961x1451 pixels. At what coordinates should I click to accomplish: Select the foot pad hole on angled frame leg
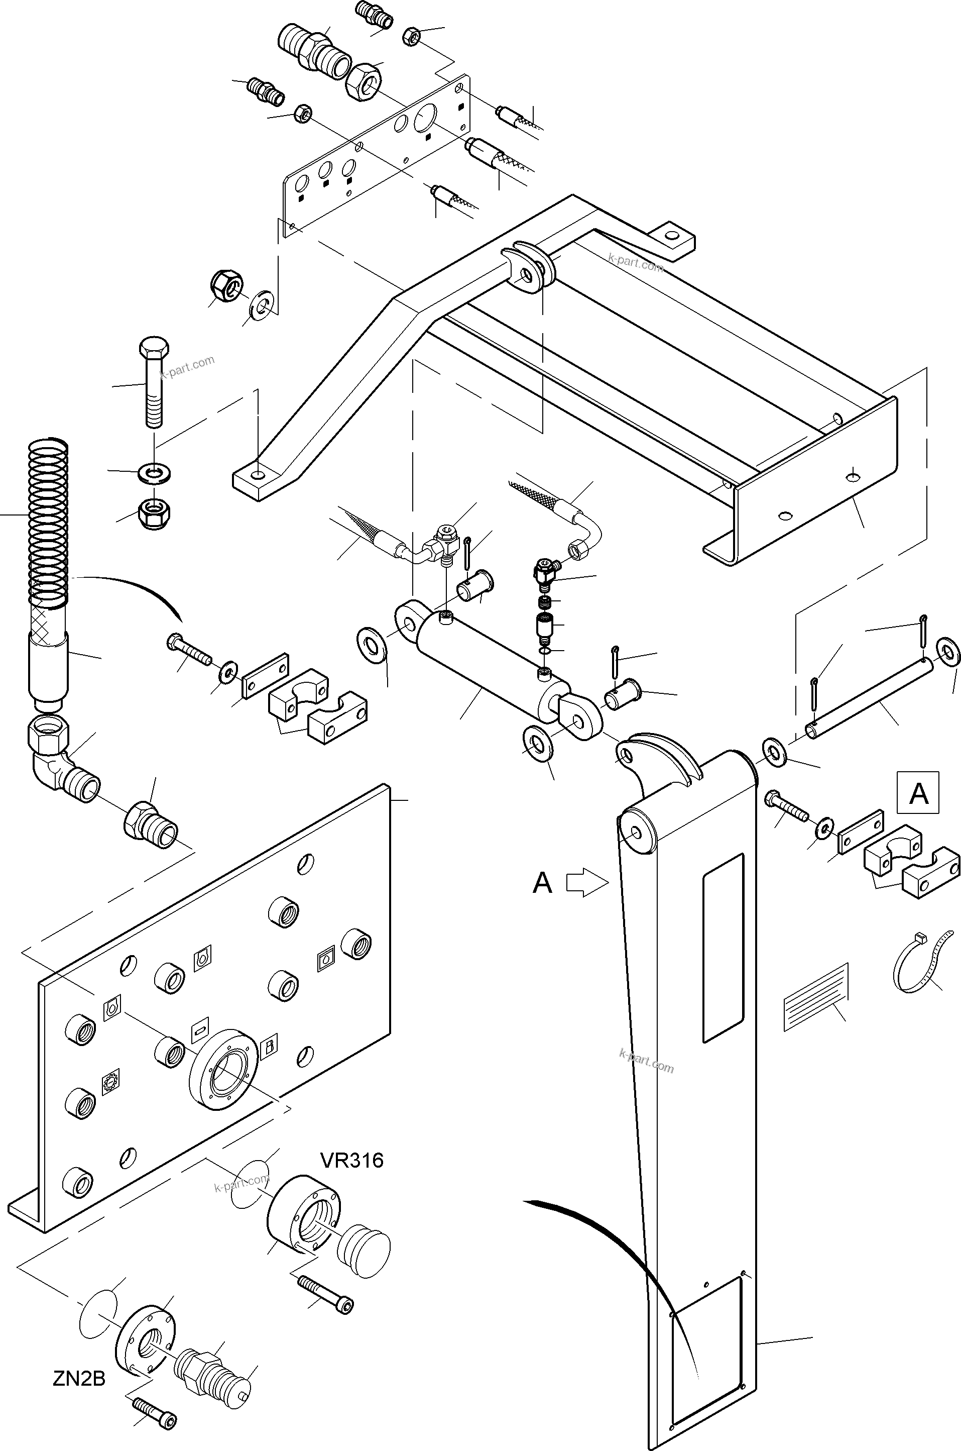pos(259,475)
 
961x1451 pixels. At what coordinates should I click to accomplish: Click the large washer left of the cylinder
pos(372,645)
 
